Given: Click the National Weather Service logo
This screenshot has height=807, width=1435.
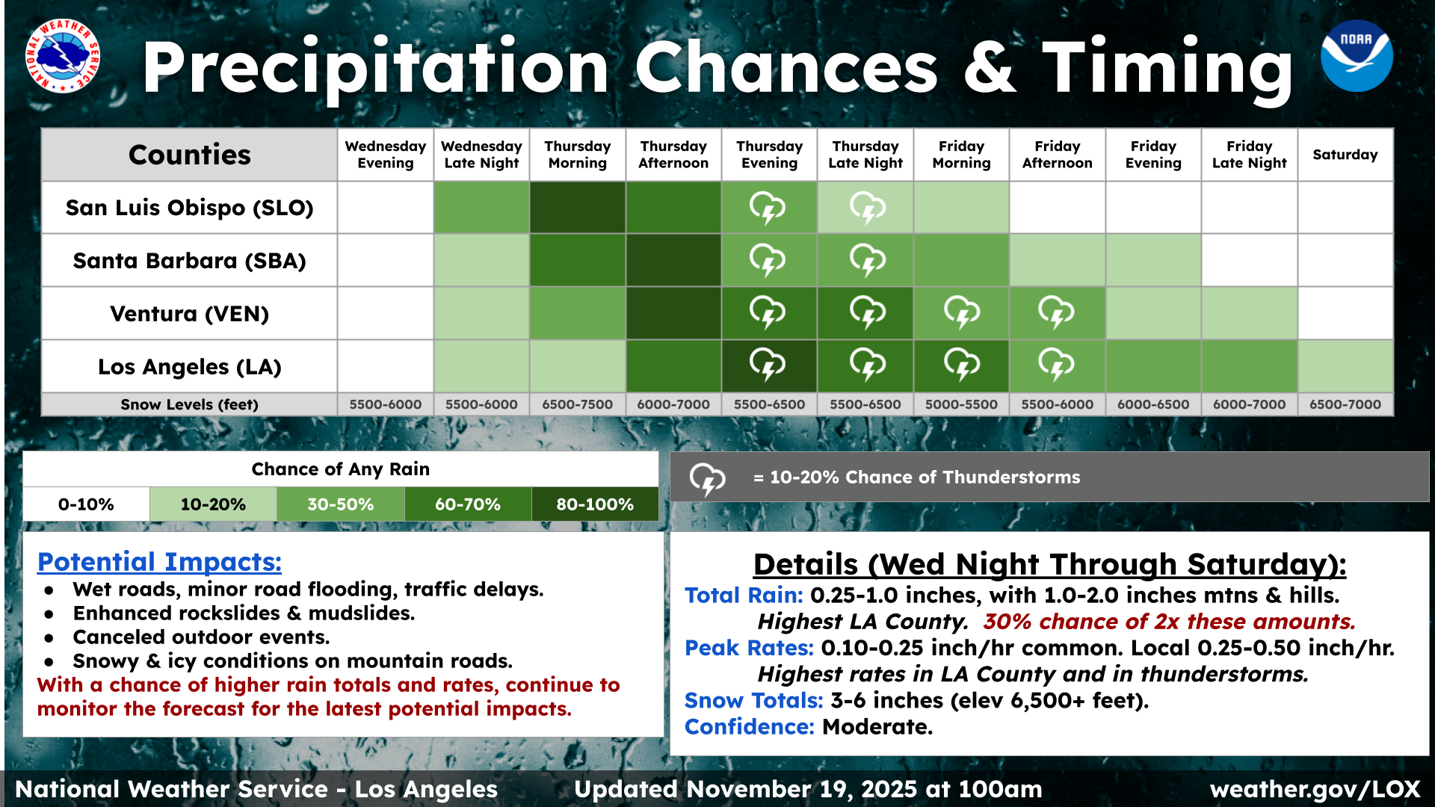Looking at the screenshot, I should coord(63,56).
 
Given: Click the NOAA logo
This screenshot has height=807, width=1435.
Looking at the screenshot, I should coord(1356,56).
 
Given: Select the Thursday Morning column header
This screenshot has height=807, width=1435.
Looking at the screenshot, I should coord(577,155).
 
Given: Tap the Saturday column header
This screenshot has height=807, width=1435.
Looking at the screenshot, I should coord(1345,155).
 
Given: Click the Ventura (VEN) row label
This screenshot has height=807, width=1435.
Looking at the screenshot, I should coord(189,314).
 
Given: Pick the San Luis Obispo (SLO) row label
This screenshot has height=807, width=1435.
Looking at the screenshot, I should coord(189,208).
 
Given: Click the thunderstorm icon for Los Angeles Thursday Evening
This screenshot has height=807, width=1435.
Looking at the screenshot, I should coord(768,365).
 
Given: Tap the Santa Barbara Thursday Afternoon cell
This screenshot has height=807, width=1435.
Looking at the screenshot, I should coord(673,261).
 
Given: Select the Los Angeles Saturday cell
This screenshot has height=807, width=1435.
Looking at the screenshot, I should coord(1345,366).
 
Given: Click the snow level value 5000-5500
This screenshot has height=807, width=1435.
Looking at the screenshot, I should coord(961,404).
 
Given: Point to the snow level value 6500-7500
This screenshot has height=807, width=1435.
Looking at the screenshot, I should coord(577,404).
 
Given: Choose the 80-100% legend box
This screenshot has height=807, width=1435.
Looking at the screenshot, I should coord(595,504).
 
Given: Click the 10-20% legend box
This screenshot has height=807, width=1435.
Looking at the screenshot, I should coord(213,504).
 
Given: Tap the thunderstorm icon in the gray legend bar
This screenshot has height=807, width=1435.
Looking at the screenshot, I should coord(706,478).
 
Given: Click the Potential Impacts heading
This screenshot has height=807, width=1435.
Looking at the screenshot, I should coord(159,562).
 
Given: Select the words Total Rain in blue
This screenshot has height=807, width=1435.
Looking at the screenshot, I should coord(743,596).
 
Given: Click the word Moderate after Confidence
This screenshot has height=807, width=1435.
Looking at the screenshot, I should coord(877,727).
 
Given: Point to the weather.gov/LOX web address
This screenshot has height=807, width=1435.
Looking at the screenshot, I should coord(1314,789).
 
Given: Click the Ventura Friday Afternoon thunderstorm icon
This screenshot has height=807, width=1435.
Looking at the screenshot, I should coord(1056,312).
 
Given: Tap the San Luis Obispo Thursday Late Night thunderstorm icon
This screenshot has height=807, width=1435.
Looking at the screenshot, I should coord(867,208).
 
